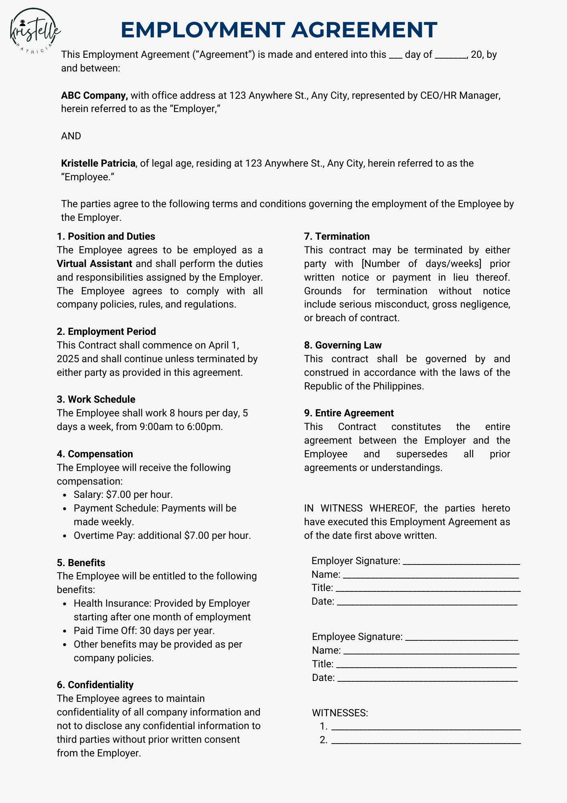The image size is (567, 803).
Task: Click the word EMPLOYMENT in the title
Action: click(202, 30)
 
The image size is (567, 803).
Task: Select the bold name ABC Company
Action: click(94, 96)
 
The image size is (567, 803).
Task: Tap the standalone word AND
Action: click(71, 136)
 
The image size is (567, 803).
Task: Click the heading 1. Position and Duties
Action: click(106, 236)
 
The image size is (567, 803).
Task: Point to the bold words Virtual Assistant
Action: click(94, 264)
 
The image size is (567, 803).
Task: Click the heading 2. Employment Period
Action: click(106, 332)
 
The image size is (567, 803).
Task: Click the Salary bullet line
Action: click(123, 495)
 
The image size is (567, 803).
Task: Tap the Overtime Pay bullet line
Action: click(162, 536)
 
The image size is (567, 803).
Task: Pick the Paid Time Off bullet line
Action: click(144, 631)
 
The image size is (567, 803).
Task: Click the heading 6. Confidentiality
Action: click(95, 685)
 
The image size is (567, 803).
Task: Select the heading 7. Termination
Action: click(337, 236)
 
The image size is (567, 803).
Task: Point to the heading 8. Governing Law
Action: click(343, 345)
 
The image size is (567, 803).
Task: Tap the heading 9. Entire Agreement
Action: click(349, 413)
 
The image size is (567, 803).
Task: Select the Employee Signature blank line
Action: click(462, 638)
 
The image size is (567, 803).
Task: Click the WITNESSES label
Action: click(340, 713)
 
